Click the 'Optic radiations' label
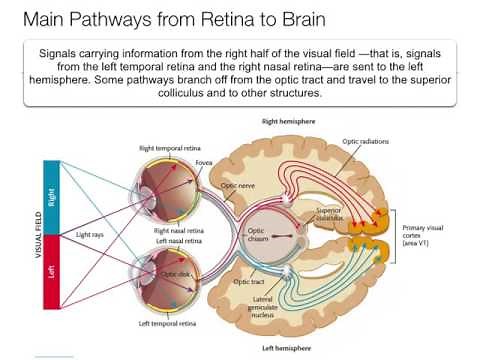pyautogui.click(x=364, y=141)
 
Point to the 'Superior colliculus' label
pyautogui.click(x=330, y=216)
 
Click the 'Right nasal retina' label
pyautogui.click(x=179, y=230)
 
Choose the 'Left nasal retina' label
pyautogui.click(x=178, y=240)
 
